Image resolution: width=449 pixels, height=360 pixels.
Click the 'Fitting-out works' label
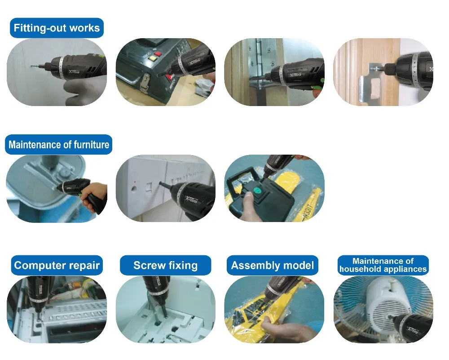click(x=57, y=28)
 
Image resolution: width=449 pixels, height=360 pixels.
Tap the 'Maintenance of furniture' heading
click(x=59, y=144)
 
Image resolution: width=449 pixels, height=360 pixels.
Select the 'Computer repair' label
click(x=57, y=266)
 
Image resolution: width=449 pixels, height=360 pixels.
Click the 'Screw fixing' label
click(x=166, y=266)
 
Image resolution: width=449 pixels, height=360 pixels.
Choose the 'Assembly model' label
click(x=273, y=266)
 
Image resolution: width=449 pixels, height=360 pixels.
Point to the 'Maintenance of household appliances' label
click(x=383, y=265)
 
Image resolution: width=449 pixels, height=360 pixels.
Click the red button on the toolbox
click(x=158, y=54)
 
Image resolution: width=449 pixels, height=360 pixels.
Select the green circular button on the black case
click(x=257, y=191)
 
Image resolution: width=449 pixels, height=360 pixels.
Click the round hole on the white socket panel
click(x=133, y=189)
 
